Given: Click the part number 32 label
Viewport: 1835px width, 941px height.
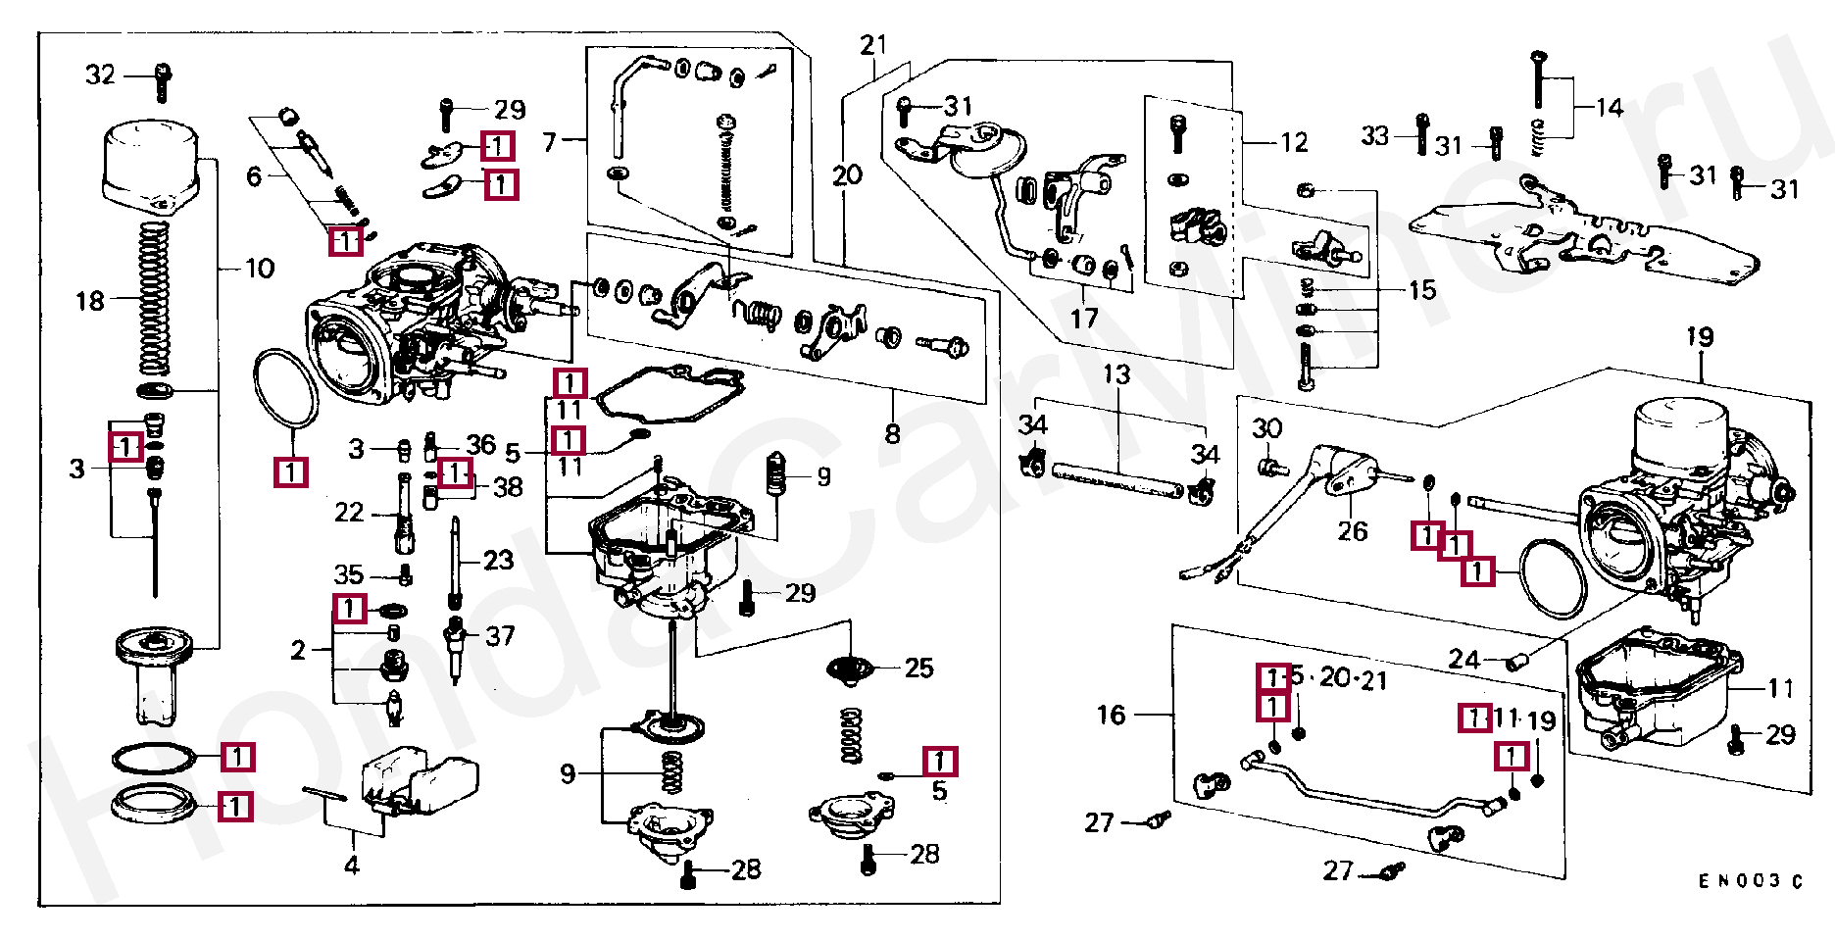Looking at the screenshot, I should [x=100, y=74].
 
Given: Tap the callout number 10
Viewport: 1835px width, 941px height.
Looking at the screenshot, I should [x=260, y=269].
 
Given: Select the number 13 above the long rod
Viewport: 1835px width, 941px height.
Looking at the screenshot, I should [x=1116, y=374].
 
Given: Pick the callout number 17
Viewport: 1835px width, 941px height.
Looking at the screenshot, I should [x=1083, y=319].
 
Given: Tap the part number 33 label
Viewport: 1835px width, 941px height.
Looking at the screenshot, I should [x=1375, y=135].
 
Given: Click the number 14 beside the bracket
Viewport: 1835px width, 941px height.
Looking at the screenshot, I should [x=1610, y=108].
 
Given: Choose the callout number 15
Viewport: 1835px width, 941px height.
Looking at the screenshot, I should [x=1422, y=290].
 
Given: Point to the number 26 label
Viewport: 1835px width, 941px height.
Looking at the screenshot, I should [x=1353, y=531].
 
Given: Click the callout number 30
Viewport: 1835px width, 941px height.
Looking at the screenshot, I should [x=1267, y=428].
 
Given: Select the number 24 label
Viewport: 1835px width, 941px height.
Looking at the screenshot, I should [x=1463, y=659].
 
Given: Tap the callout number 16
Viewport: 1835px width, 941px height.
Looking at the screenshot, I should [x=1111, y=715].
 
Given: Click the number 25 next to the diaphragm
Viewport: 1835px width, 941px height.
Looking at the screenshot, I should [x=918, y=669].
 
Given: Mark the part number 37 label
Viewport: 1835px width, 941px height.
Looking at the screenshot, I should [x=500, y=636].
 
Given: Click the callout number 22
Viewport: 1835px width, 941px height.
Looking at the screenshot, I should [x=349, y=513].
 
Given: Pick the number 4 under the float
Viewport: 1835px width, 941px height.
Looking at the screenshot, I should [x=352, y=865].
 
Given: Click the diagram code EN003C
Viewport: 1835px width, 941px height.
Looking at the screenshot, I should [x=1751, y=881].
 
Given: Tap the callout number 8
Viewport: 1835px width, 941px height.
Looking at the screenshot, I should [x=892, y=433].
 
